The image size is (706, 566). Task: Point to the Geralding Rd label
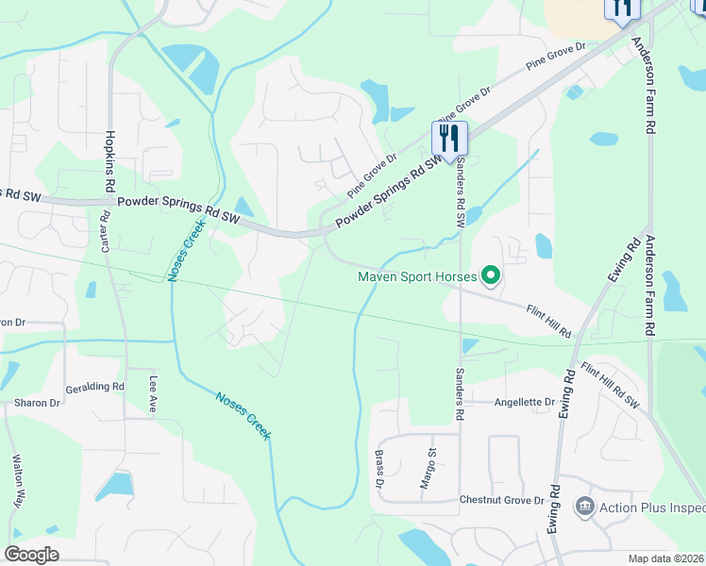(x=94, y=388)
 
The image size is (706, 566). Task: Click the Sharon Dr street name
(x=37, y=403)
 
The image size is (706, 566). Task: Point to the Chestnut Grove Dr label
(x=502, y=500)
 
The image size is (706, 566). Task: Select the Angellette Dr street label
(x=524, y=402)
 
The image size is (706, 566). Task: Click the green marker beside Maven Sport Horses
(x=491, y=276)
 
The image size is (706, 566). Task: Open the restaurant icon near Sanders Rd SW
(x=449, y=138)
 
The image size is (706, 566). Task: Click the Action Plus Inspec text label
(x=652, y=508)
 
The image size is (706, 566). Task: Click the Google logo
(x=31, y=555)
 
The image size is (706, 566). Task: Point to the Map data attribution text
(x=666, y=558)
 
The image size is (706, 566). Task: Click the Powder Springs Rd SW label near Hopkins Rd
(x=178, y=208)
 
